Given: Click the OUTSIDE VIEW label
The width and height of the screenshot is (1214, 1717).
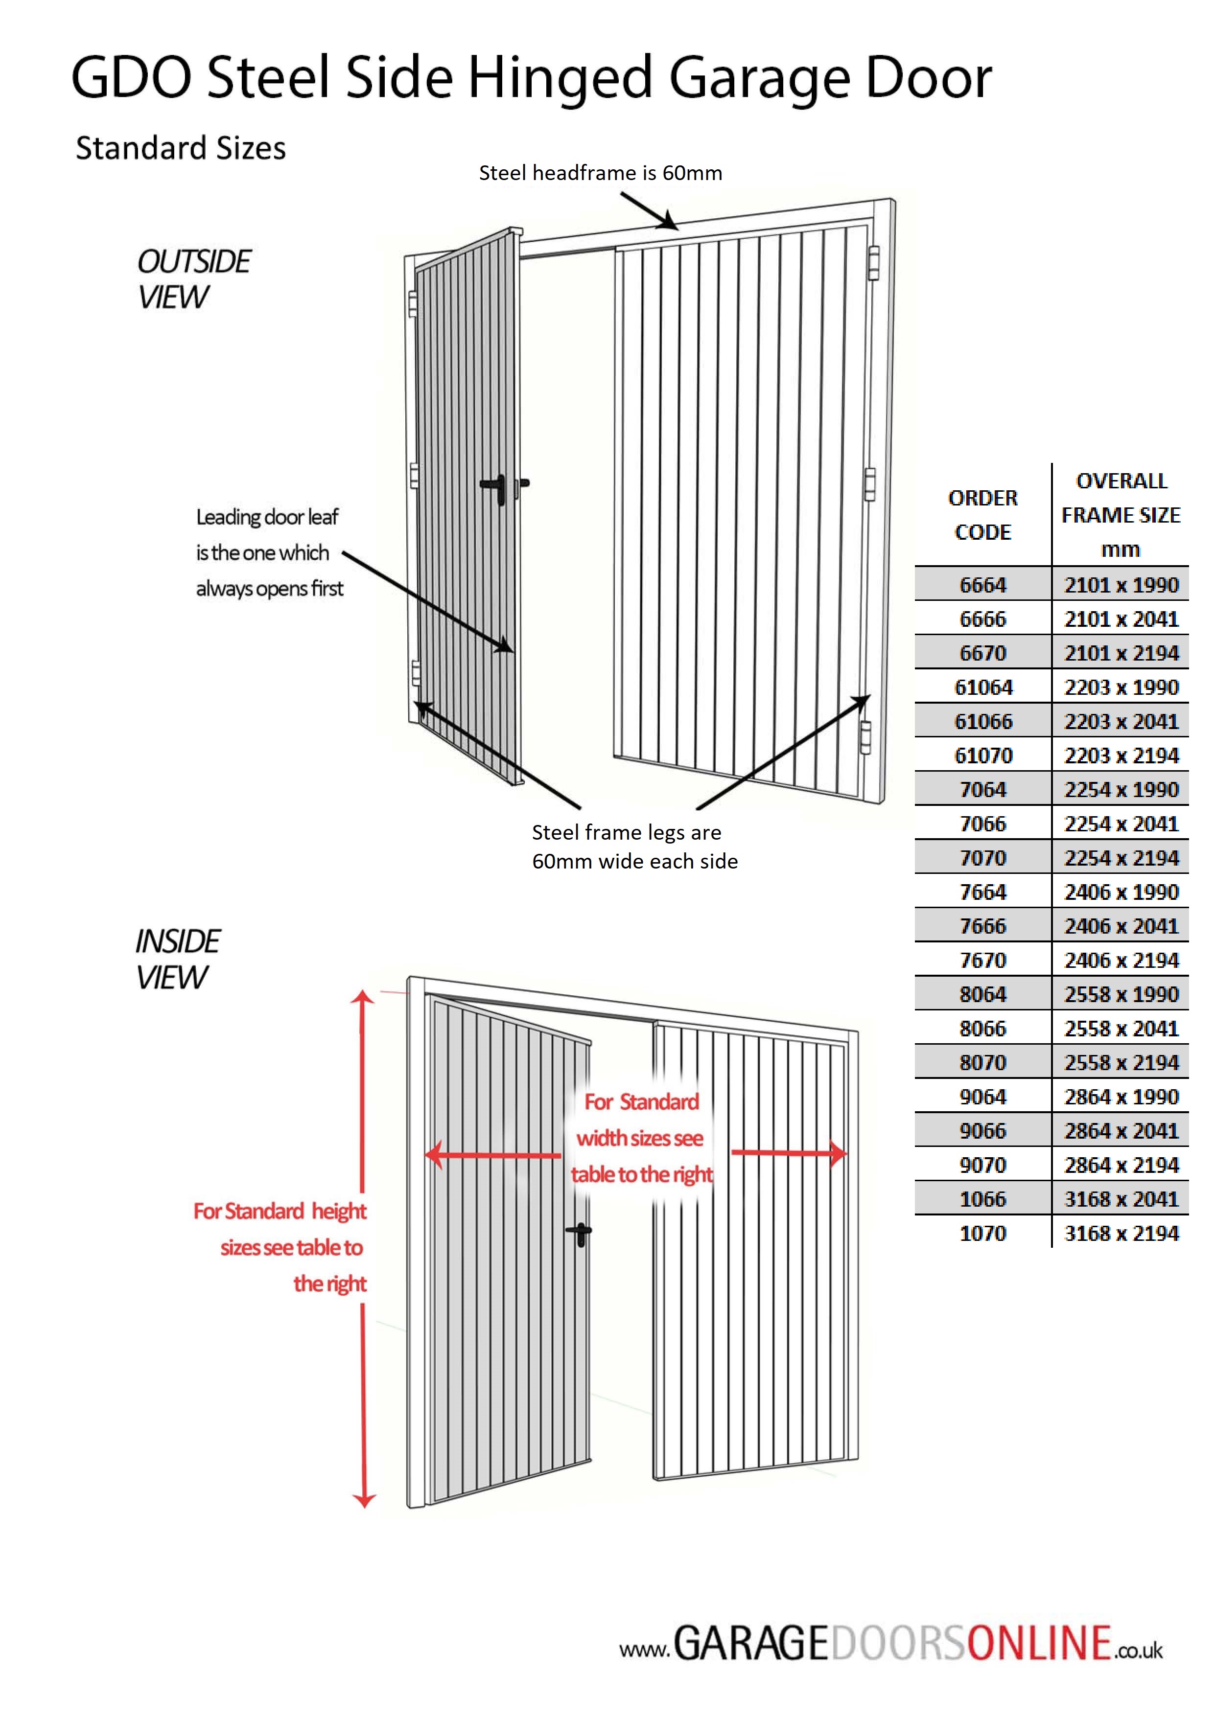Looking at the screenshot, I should tap(193, 279).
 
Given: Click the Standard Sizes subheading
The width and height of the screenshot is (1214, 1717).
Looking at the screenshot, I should tap(180, 148).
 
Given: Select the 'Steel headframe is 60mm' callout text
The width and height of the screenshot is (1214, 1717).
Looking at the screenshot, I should tap(600, 173).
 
